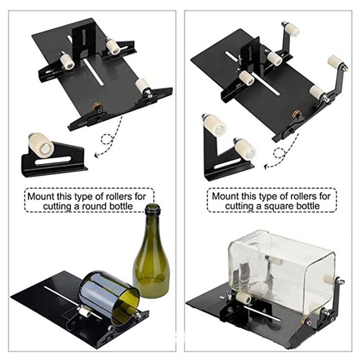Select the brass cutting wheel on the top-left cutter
click(x=96, y=107)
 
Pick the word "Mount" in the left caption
click(x=39, y=197)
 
